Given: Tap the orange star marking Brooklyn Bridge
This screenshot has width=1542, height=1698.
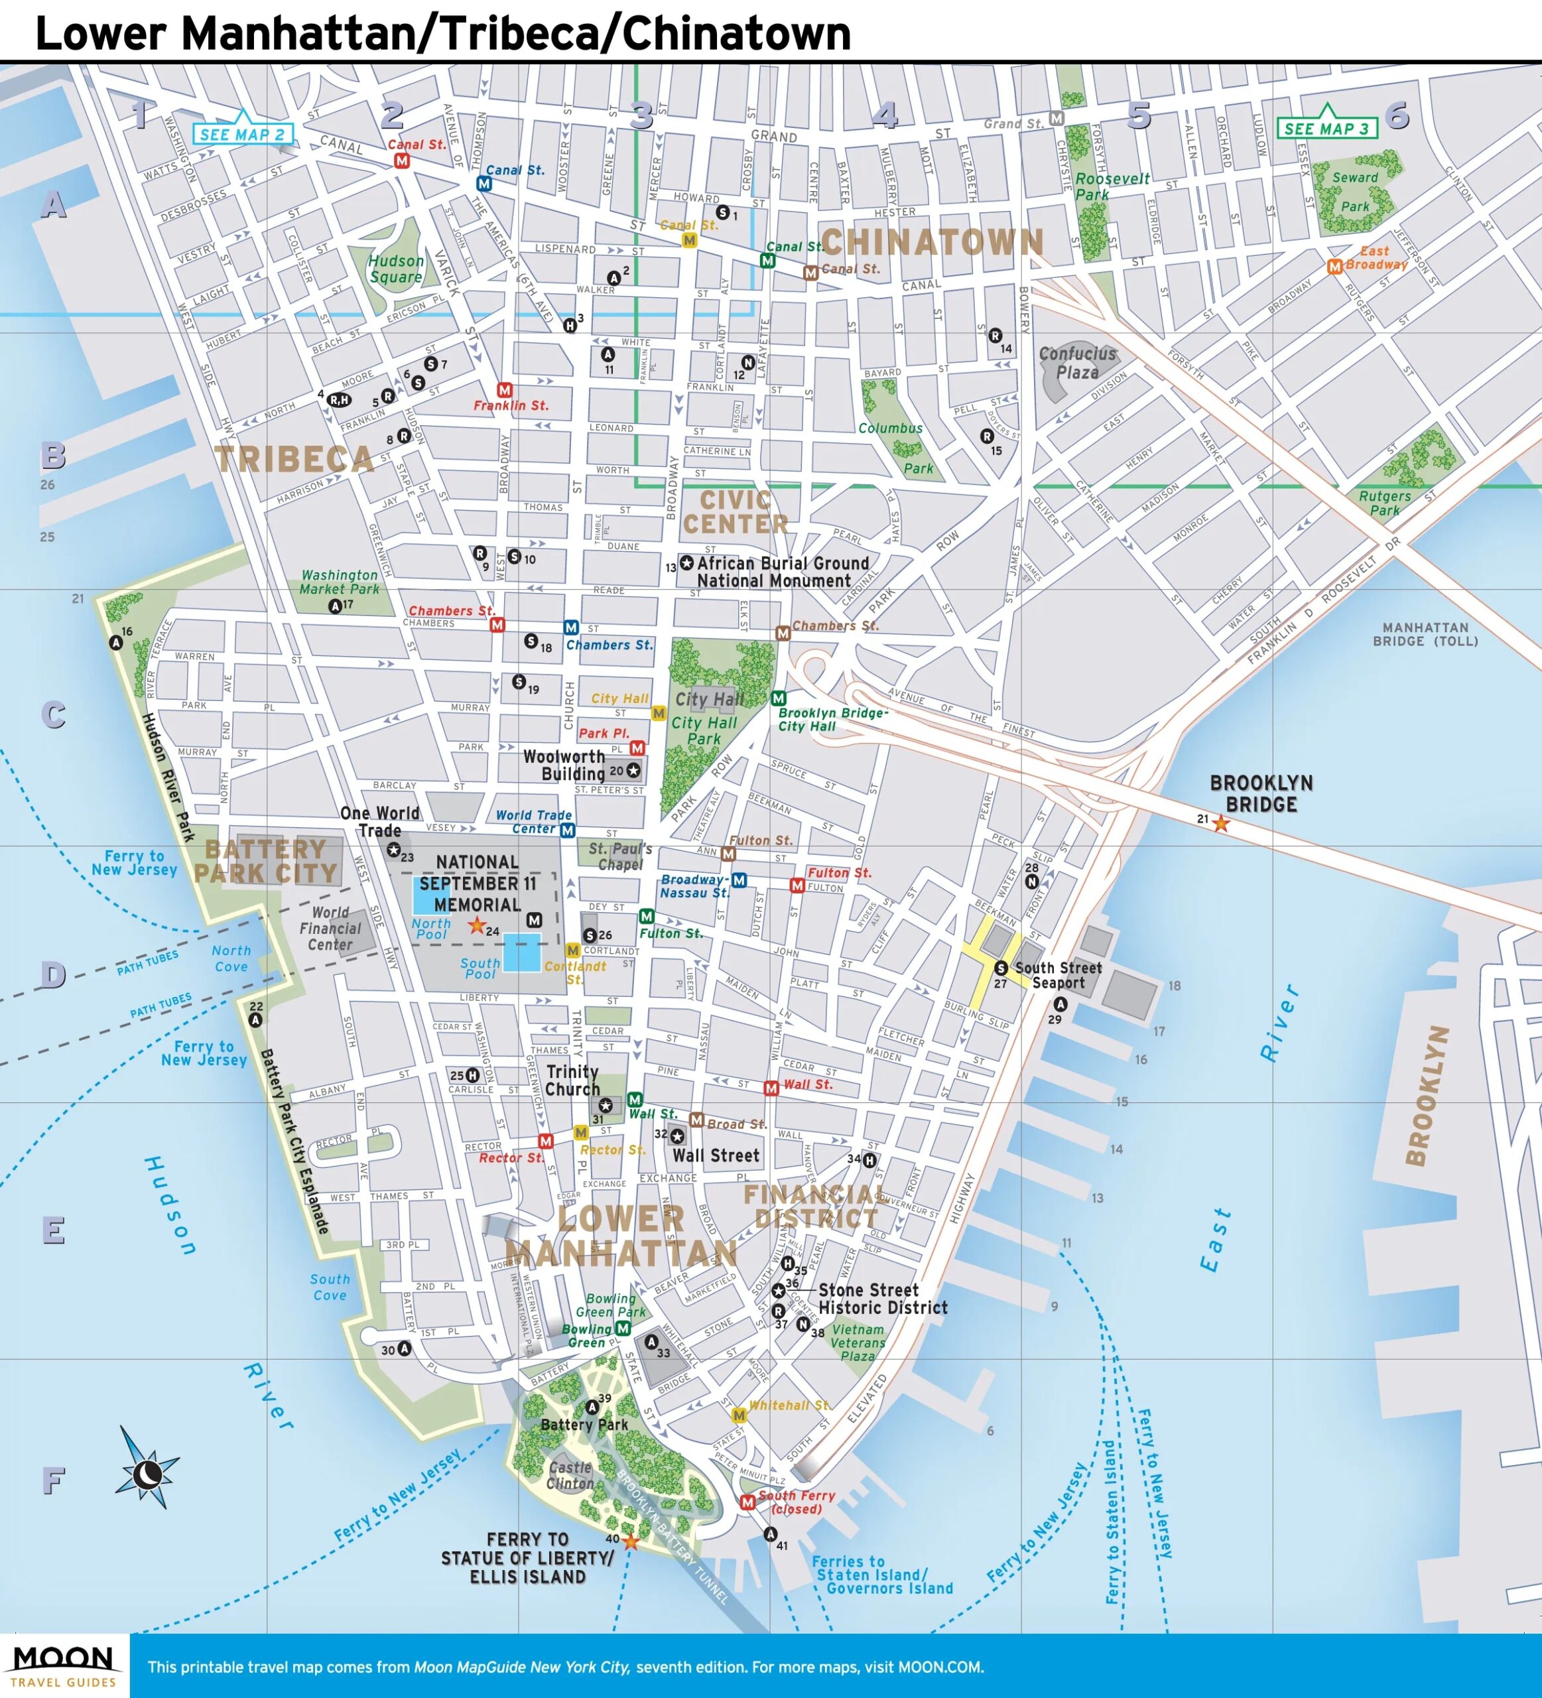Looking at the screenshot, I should (1220, 824).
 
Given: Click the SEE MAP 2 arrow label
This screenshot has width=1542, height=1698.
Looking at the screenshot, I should (244, 133).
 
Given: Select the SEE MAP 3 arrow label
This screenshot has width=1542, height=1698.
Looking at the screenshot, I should (1327, 127).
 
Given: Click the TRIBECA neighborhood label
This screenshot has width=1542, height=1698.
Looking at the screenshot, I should (294, 460).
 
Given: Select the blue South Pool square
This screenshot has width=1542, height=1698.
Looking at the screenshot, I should (522, 952).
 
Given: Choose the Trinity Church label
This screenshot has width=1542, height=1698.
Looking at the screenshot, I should (572, 1080).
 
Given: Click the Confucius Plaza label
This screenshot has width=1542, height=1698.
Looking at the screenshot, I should (1077, 363).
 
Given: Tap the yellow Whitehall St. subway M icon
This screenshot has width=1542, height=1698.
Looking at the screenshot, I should (739, 1415).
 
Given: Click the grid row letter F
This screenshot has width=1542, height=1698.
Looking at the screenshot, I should (53, 1480).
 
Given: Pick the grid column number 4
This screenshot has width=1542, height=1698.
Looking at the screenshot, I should (884, 115).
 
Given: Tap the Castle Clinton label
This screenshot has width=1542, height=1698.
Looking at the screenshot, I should (571, 1476).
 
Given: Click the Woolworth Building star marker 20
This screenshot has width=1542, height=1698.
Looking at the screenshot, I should (633, 770).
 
